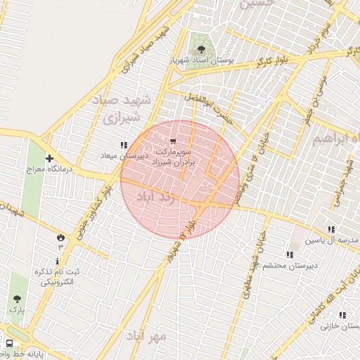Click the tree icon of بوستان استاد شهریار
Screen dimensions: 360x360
click(202, 49)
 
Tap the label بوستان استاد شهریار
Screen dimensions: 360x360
click(202, 61)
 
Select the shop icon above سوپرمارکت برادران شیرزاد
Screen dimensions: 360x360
click(173, 141)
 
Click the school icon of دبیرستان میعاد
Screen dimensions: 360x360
click(124, 145)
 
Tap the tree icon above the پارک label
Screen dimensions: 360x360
click(16, 298)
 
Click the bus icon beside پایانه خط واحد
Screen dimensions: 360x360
click(9, 343)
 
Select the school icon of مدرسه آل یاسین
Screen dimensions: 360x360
click(331, 229)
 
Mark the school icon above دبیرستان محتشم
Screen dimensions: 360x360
click(289, 255)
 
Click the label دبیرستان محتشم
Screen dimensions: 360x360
click(291, 265)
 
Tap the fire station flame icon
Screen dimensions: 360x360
click(60, 236)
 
